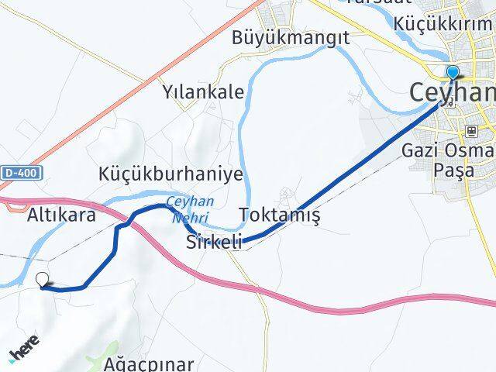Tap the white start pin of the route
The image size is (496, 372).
click(43, 281)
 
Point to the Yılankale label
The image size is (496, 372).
click(203, 92)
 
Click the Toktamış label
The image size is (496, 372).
click(280, 215)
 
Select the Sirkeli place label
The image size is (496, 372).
click(214, 243)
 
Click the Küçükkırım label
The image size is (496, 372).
click(444, 22)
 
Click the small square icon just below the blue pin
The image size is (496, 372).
click(451, 100)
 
